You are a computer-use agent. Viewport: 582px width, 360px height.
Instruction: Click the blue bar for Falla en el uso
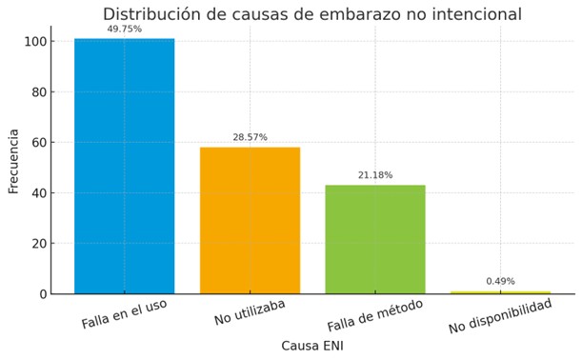(x=125, y=167)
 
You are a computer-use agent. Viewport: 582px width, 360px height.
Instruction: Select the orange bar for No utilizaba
(x=250, y=220)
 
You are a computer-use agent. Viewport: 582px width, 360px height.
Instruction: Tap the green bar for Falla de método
(x=375, y=239)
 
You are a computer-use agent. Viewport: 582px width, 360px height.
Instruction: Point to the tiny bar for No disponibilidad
(x=500, y=291)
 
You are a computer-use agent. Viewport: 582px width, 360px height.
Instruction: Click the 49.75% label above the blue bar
(x=125, y=30)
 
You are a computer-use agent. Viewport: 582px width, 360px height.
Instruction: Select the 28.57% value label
(x=250, y=137)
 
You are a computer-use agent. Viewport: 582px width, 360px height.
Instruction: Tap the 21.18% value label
(x=375, y=175)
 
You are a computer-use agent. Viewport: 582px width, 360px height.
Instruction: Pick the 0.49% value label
(x=500, y=281)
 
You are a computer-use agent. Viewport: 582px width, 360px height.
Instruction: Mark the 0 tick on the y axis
(x=43, y=294)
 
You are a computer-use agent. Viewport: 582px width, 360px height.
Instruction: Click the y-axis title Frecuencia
(x=14, y=161)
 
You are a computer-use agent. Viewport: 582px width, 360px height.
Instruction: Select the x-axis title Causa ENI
(x=312, y=346)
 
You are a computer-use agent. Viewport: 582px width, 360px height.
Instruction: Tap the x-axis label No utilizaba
(x=250, y=312)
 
